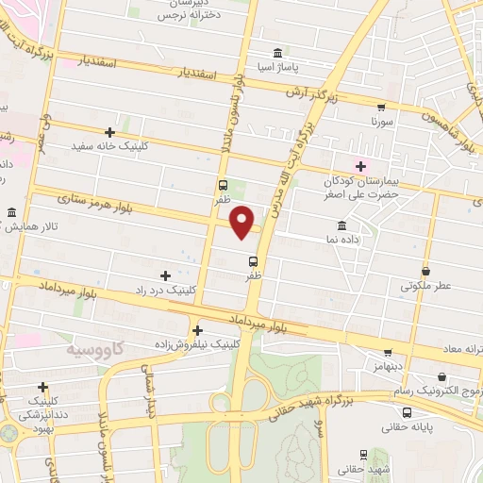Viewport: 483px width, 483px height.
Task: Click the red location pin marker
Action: click(243, 221)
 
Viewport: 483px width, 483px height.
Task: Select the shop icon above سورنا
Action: click(381, 108)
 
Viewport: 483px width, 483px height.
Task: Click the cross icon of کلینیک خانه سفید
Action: click(110, 132)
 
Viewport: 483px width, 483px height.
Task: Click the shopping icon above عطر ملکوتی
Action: click(425, 271)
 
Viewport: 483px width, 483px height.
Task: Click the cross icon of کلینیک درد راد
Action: click(166, 275)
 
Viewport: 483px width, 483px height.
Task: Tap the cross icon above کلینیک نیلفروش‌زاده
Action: click(197, 330)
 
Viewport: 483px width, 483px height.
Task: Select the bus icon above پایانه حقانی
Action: click(407, 412)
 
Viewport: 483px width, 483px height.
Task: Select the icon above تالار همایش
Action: click(11, 212)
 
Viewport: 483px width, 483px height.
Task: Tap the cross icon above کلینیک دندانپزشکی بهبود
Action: click(42, 387)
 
